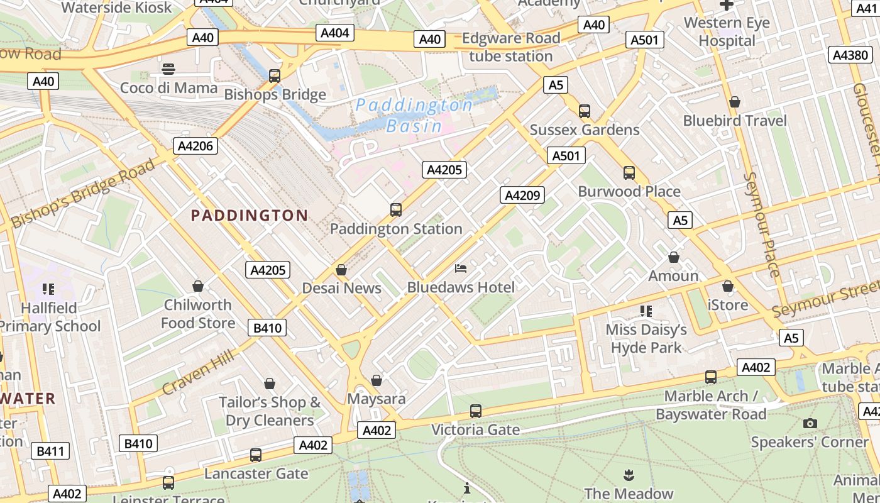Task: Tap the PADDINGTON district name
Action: click(x=250, y=216)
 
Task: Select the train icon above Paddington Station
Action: click(x=396, y=210)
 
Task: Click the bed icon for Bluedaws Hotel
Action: click(x=461, y=269)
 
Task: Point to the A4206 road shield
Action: click(x=196, y=146)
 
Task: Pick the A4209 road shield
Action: click(x=522, y=195)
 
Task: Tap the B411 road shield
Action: click(x=50, y=451)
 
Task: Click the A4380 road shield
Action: click(x=850, y=55)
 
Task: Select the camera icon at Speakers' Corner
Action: click(x=810, y=423)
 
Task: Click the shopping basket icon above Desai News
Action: click(x=341, y=270)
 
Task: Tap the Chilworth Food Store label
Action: click(x=198, y=314)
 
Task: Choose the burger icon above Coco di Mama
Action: click(x=168, y=69)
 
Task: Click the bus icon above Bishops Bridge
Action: click(x=275, y=76)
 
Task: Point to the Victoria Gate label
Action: click(x=475, y=430)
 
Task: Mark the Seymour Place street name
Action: click(x=761, y=224)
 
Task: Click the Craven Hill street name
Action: click(x=198, y=372)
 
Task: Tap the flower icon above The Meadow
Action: click(x=628, y=475)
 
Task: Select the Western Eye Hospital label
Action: click(x=727, y=32)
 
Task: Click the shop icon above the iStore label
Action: click(x=728, y=287)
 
